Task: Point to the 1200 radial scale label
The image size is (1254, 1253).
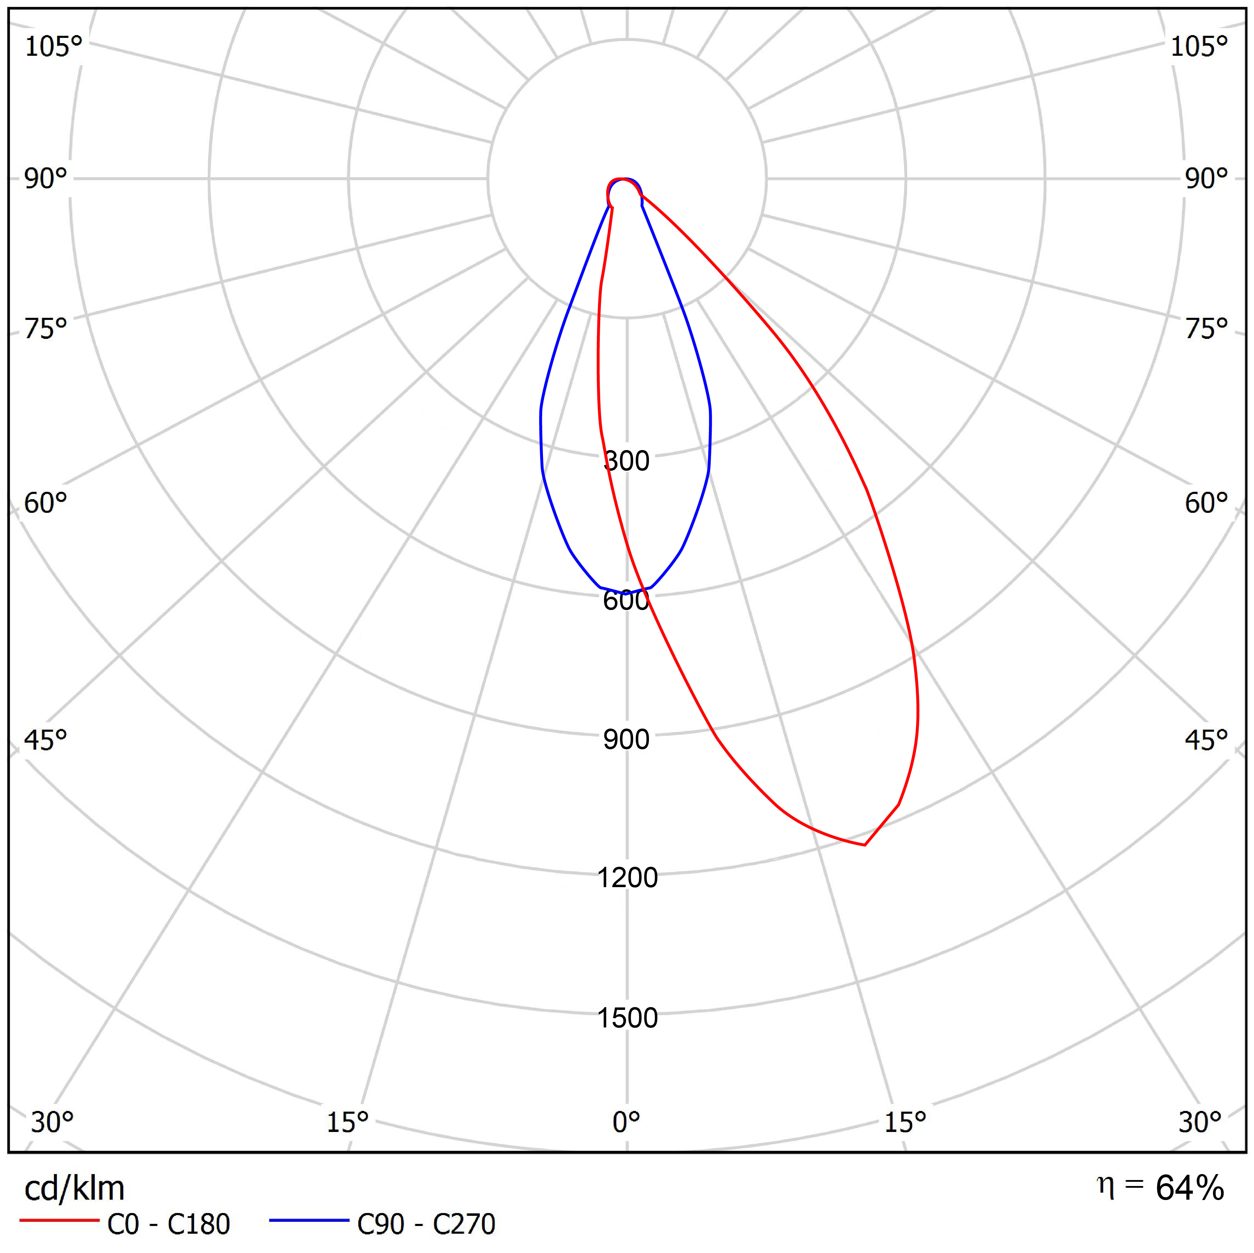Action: click(627, 878)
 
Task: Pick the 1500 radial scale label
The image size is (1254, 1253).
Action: click(627, 1018)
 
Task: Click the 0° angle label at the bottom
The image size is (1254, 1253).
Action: click(626, 1122)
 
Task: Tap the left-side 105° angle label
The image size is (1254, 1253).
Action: click(53, 47)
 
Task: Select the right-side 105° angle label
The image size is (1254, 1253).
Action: click(1199, 47)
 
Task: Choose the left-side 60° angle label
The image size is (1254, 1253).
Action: click(45, 503)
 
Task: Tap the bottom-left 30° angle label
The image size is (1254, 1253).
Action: click(52, 1122)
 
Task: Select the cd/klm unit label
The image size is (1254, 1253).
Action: click(74, 1188)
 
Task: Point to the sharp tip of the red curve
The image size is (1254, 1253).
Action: click(864, 845)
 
